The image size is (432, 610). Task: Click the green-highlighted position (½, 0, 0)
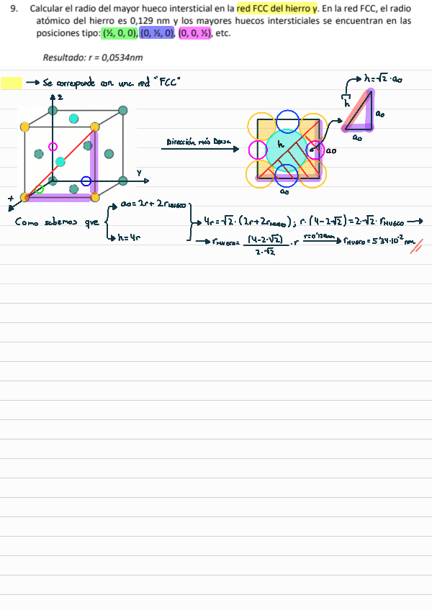pos(119,33)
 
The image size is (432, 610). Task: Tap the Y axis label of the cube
pos(138,172)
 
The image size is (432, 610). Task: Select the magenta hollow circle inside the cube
pos(52,147)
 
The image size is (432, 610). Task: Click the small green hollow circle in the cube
pos(40,189)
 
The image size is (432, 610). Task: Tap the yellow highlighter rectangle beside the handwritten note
pos(12,83)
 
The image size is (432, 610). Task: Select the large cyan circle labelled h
pos(285,149)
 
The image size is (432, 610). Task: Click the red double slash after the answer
pos(415,246)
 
